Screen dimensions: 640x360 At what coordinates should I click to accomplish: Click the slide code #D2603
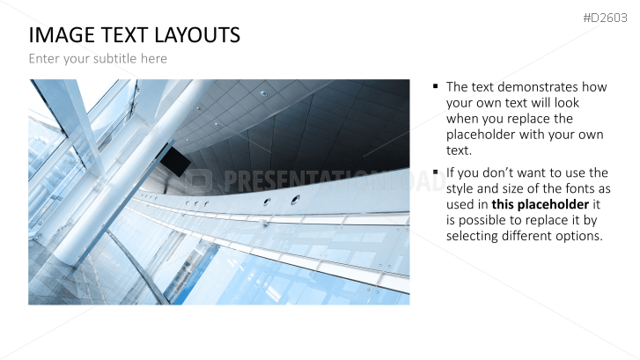[605, 18]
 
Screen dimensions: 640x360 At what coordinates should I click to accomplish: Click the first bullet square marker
[436, 86]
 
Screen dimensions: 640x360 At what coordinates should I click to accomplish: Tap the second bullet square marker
[436, 172]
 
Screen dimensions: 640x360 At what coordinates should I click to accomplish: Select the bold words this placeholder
[540, 204]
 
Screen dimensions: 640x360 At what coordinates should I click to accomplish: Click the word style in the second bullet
[460, 188]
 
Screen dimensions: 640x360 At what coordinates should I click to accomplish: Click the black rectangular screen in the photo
[175, 161]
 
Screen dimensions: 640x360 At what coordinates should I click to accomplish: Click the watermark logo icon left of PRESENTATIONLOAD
[199, 180]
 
